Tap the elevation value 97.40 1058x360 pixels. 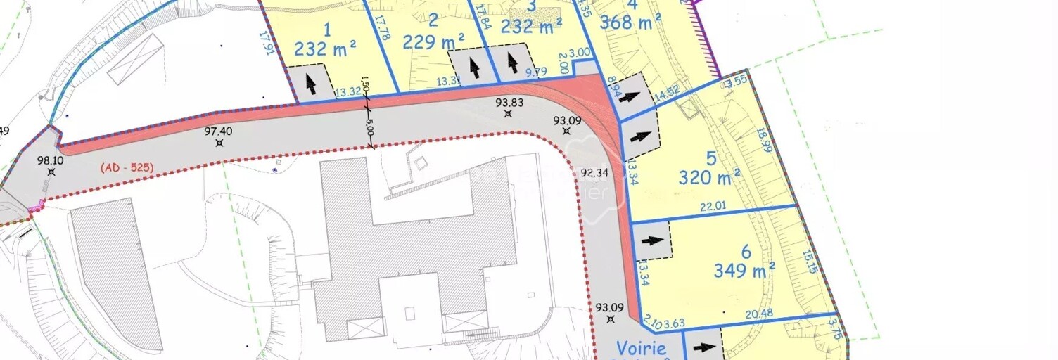[x=218, y=131]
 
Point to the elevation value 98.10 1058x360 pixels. [x=51, y=160]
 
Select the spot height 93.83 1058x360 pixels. [x=509, y=102]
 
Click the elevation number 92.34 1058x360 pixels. [x=594, y=172]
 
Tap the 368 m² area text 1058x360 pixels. [x=625, y=22]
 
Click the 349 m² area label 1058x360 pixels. [x=744, y=269]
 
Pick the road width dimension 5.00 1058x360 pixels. [x=369, y=130]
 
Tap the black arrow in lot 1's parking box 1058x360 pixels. [x=310, y=84]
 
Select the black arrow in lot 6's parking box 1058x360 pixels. [x=653, y=240]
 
